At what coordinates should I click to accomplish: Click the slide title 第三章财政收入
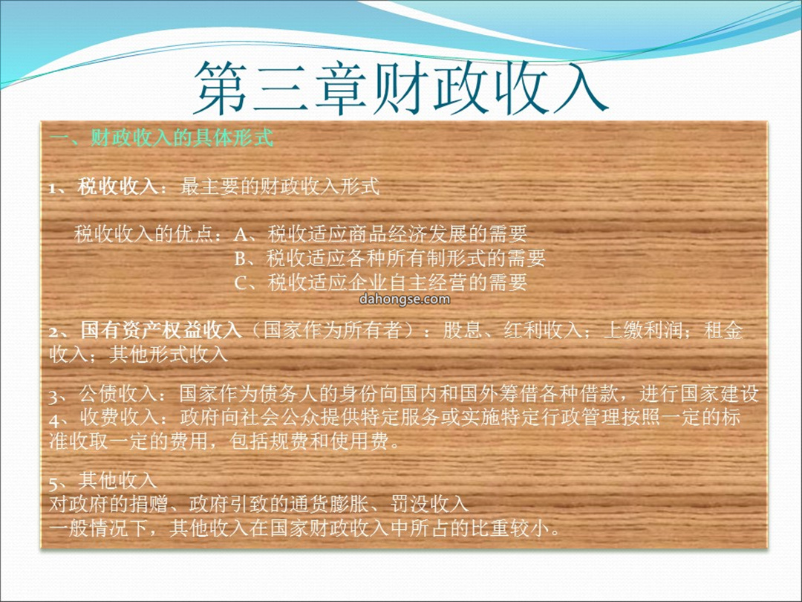tap(400, 88)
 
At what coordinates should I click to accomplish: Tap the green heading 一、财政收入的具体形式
tap(162, 137)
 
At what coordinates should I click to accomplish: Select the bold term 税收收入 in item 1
tap(117, 187)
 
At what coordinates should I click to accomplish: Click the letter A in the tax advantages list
tap(241, 235)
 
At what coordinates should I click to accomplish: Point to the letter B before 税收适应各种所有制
tap(241, 259)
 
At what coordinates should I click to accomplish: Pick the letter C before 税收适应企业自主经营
tap(241, 282)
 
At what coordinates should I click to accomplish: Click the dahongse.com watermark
tap(405, 299)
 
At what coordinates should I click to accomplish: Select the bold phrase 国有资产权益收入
tap(160, 330)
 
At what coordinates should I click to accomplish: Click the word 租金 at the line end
tap(723, 330)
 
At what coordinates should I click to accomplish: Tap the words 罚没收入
tap(430, 504)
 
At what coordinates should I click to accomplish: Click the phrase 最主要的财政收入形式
tap(280, 187)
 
